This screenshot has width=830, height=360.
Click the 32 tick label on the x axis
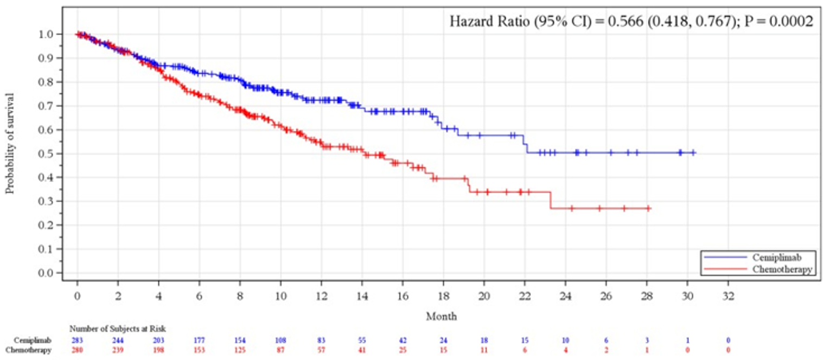[728, 297]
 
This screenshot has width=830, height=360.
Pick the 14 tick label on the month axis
[362, 297]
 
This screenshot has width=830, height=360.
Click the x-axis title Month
[441, 316]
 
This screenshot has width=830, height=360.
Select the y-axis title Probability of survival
[10, 143]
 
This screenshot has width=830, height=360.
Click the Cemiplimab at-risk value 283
[78, 340]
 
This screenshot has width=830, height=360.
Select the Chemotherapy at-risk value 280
[78, 350]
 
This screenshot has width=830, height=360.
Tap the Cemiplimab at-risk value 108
[280, 340]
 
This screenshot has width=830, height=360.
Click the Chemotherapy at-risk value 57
[321, 350]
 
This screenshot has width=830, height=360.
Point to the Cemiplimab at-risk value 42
[403, 340]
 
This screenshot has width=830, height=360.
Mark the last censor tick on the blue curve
[693, 153]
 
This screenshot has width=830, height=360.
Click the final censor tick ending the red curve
[648, 208]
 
